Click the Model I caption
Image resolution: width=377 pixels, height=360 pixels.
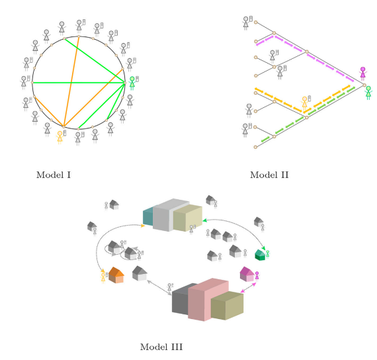pos(54,175)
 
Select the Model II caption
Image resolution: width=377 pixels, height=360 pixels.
pos(269,175)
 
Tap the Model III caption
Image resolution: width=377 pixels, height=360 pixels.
pos(161,347)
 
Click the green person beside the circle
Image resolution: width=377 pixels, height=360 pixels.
pos(132,83)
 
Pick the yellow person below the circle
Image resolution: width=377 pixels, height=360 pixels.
pos(60,138)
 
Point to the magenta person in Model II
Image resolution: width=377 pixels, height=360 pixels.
pos(363,73)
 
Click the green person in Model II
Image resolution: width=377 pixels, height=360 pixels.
pos(368,93)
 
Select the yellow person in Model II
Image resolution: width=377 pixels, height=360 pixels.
pos(304,103)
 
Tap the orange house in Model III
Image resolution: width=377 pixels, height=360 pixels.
pos(116,275)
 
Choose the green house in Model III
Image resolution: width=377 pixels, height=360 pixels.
pos(260,255)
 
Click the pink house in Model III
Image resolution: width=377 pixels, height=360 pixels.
pos(247,274)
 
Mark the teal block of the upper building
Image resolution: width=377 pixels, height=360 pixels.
pos(148,217)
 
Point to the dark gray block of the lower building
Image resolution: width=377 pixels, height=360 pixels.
pos(181,299)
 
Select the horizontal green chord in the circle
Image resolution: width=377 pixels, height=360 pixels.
pos(79,83)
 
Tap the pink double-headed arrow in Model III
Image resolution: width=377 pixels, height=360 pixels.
pos(249,288)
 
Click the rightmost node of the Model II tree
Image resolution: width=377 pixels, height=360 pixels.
pos(364,85)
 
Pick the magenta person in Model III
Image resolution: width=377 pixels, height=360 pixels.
pos(257,276)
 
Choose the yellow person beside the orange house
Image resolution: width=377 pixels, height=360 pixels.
pos(103,278)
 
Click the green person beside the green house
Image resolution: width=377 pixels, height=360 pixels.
pos(267,254)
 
